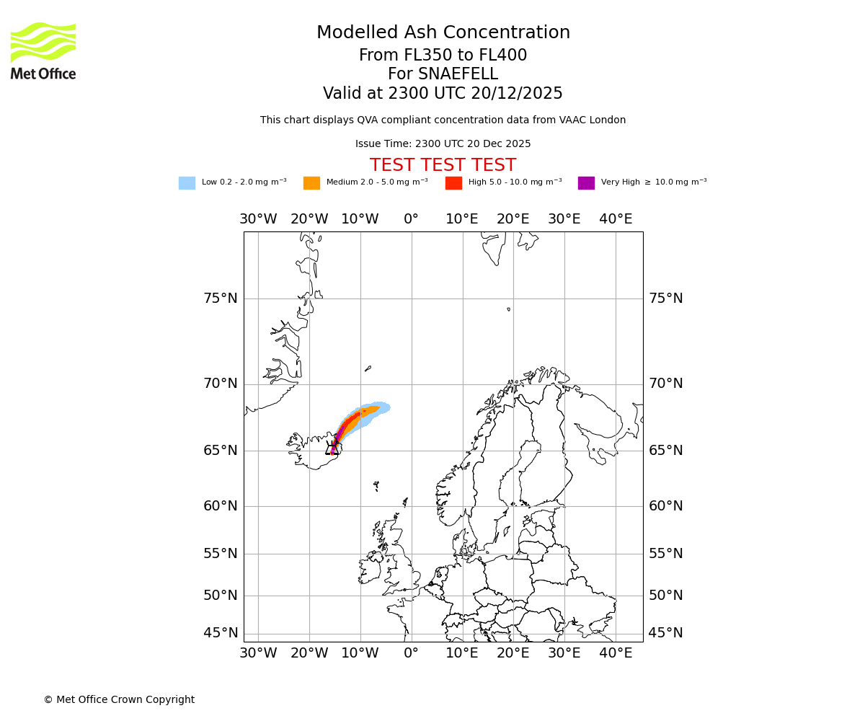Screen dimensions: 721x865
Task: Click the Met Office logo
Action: (43, 50)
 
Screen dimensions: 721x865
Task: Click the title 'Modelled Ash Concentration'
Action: (443, 32)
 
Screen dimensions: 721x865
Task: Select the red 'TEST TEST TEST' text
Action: (443, 165)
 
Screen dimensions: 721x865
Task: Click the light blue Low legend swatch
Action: (187, 183)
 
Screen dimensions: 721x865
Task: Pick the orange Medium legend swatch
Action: (311, 183)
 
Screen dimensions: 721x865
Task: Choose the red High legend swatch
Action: (453, 183)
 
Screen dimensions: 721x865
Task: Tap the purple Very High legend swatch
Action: (586, 183)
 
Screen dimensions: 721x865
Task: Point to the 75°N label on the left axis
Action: (220, 298)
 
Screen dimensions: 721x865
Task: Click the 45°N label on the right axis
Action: (665, 633)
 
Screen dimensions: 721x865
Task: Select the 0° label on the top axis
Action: (411, 219)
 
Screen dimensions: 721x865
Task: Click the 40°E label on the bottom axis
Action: (616, 653)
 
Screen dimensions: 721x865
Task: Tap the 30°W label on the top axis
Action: (258, 219)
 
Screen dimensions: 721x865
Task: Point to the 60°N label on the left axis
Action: (220, 506)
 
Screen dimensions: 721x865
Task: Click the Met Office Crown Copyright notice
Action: (119, 699)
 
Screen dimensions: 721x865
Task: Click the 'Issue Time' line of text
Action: (443, 144)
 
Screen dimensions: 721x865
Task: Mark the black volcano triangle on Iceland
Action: (332, 450)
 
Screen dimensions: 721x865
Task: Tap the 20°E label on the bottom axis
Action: (513, 653)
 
